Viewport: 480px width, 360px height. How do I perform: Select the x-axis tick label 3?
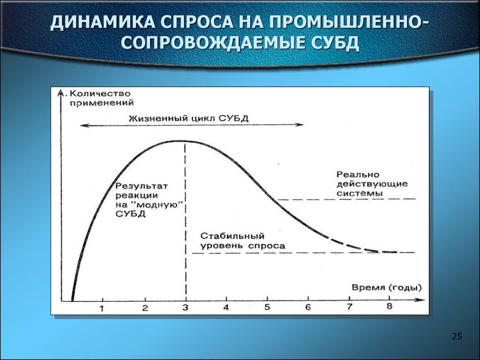[186, 308]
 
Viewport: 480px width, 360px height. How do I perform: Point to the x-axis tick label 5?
[267, 307]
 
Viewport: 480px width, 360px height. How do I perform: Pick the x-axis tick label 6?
[308, 307]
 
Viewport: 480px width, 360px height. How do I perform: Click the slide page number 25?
[457, 336]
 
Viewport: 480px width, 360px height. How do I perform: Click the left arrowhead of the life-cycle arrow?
[82, 125]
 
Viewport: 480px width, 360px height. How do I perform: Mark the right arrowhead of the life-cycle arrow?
[300, 125]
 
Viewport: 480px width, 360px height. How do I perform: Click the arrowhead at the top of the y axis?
[62, 92]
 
